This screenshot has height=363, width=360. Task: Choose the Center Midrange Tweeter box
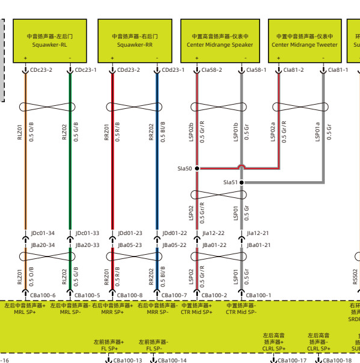[304, 40]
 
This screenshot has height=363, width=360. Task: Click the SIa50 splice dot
[197, 169]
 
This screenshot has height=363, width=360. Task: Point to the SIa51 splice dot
[242, 182]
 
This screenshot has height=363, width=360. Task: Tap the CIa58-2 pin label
[212, 70]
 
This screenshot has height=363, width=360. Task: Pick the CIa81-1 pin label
[338, 70]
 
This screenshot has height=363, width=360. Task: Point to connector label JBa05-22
[174, 245]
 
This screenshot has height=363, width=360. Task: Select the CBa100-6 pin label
[42, 295]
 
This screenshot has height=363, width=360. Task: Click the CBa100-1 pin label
[259, 295]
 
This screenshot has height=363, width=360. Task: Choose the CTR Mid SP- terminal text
[242, 312]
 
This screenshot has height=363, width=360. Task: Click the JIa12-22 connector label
[213, 233]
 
